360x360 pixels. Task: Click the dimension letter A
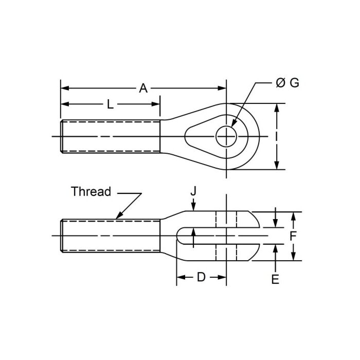tap(143, 88)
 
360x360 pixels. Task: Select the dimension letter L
tap(110, 104)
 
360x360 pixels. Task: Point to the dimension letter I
tap(277, 136)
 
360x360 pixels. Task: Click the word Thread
tap(91, 192)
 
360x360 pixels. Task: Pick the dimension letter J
tap(193, 191)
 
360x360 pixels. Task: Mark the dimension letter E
tap(276, 279)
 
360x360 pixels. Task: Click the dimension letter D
tap(201, 277)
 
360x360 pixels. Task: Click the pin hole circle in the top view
tap(226, 136)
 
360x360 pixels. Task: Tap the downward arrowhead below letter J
tap(193, 208)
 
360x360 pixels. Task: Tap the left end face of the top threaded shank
tap(62, 136)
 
